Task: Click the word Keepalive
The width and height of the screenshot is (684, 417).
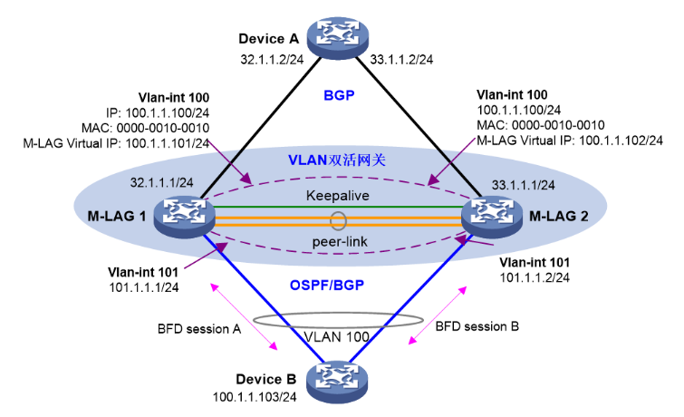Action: pyautogui.click(x=338, y=195)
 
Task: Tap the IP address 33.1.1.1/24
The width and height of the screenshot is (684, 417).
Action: pyautogui.click(x=523, y=185)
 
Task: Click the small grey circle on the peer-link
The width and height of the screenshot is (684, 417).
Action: pyautogui.click(x=338, y=219)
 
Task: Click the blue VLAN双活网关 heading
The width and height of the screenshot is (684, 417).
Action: pyautogui.click(x=337, y=160)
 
